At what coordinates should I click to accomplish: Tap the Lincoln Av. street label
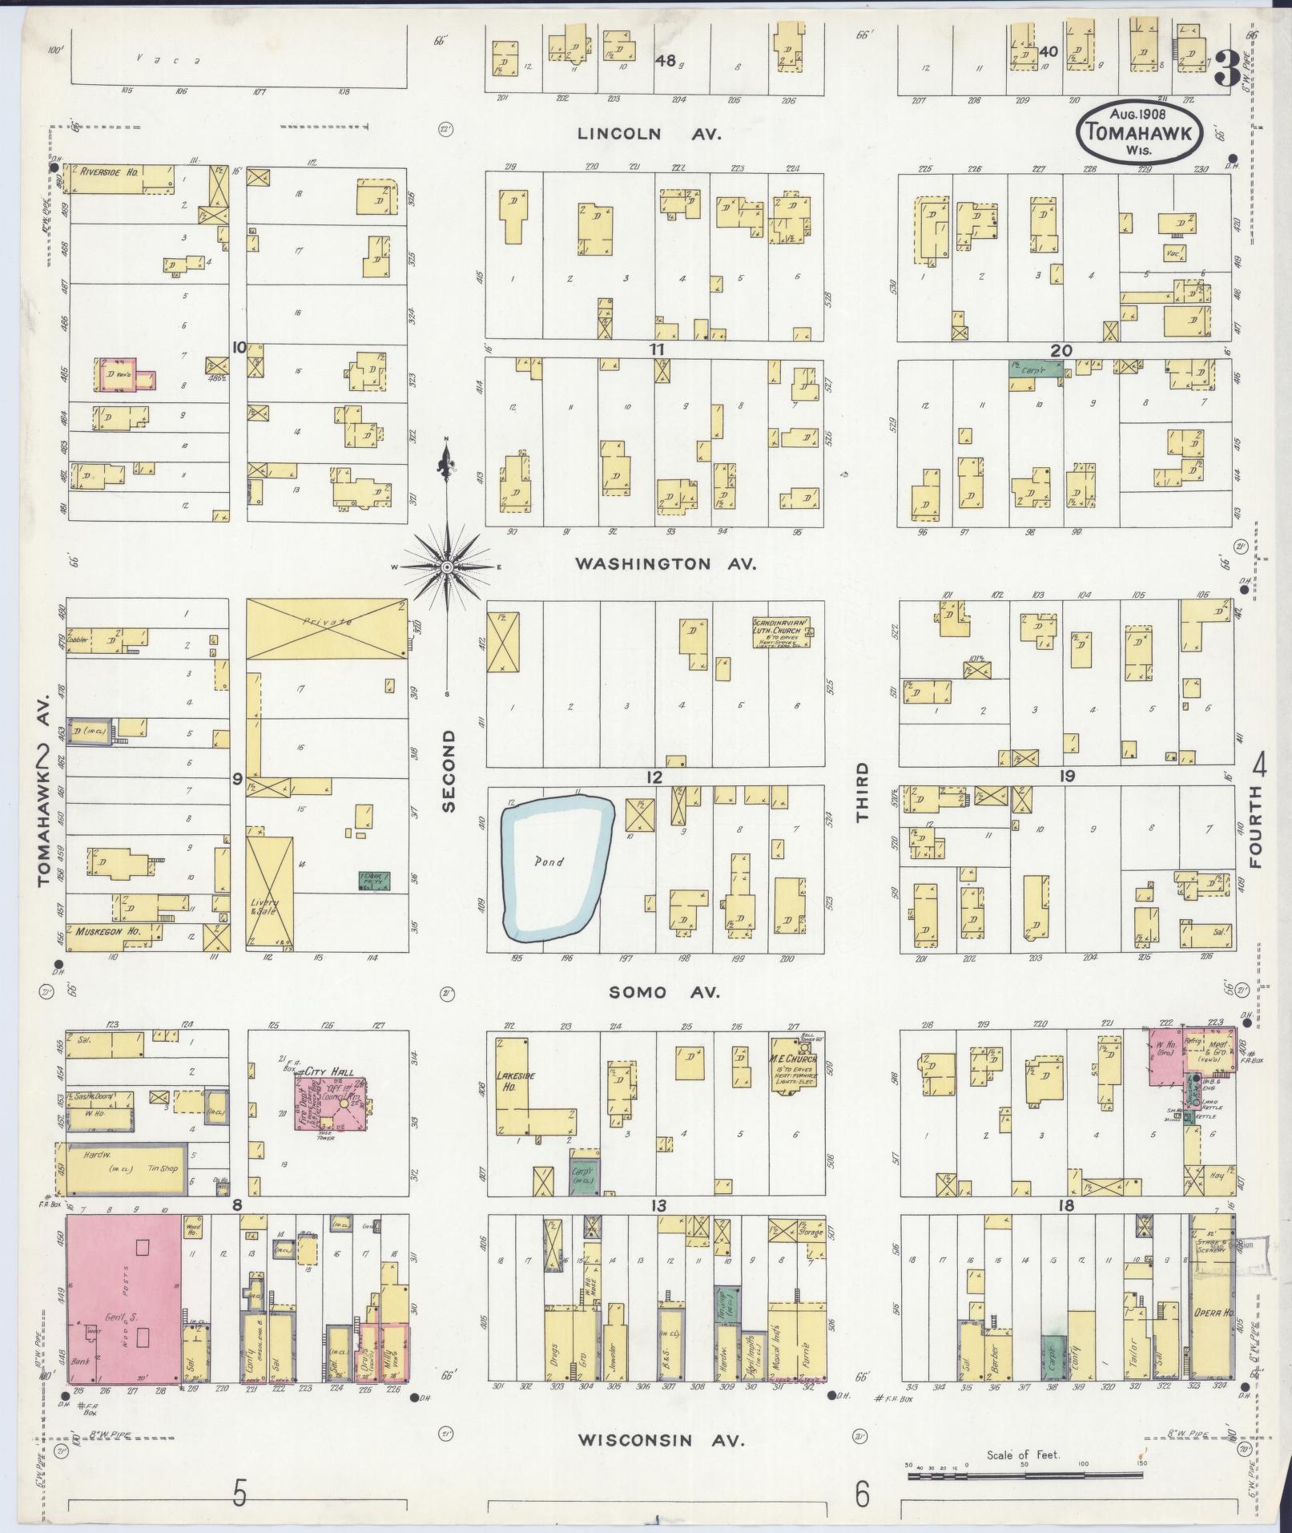point(650,135)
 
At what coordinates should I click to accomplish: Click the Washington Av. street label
point(666,564)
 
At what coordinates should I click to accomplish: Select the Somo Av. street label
point(664,993)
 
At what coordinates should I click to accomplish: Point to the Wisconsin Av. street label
point(661,1440)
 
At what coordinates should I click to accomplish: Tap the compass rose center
point(447,567)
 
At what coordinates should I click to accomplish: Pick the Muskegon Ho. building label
point(108,932)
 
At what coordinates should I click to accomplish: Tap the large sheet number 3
point(1226,68)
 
